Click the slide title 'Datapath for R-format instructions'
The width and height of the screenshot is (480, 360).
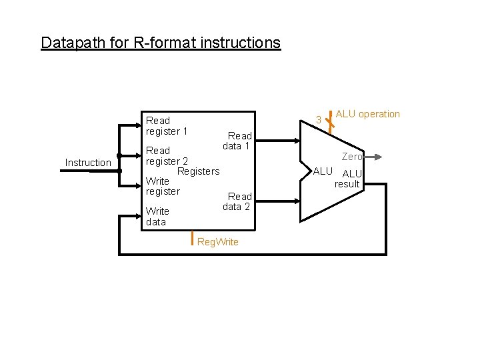[x=161, y=43]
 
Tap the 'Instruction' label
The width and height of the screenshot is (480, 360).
[x=88, y=163]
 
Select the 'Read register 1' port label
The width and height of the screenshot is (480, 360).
[x=166, y=126]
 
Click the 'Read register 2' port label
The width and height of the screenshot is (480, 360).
[x=167, y=156]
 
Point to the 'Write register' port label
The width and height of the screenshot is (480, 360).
[x=163, y=186]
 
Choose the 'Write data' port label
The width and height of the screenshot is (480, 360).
[x=157, y=217]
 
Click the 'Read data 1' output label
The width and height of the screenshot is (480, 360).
[x=237, y=141]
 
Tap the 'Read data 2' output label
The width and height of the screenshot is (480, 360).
[x=237, y=201]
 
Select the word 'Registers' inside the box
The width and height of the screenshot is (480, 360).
[x=198, y=171]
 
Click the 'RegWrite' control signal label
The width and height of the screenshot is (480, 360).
[x=218, y=242]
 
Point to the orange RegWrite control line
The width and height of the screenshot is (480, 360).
[x=192, y=238]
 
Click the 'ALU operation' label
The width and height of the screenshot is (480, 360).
[x=367, y=114]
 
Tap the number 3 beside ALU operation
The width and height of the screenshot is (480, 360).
[x=319, y=121]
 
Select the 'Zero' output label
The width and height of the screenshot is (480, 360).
[x=352, y=157]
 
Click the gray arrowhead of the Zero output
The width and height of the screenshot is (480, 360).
[x=377, y=157]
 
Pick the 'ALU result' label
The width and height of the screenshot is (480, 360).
[x=349, y=179]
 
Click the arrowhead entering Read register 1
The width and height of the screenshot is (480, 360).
[x=137, y=126]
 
